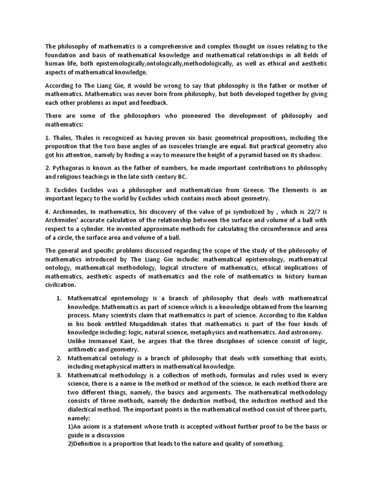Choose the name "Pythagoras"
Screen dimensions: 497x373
coord(68,167)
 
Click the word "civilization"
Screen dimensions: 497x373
coord(60,284)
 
